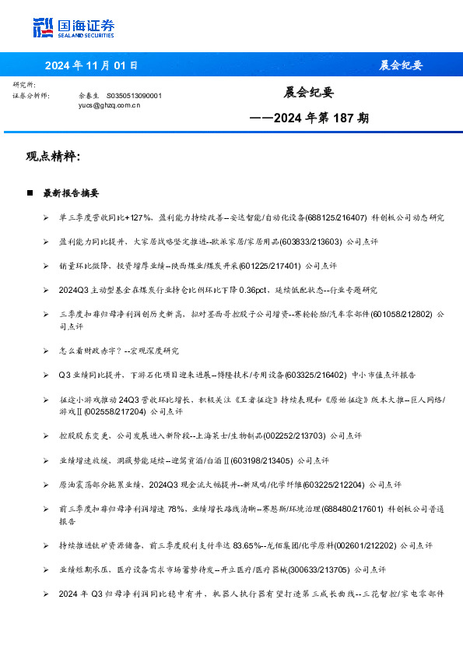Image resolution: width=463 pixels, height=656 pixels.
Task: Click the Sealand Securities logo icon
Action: pos(43,26)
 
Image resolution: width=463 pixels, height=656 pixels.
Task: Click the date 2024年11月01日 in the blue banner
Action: pos(91,65)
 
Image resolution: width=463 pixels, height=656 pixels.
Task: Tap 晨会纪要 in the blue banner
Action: pos(401,65)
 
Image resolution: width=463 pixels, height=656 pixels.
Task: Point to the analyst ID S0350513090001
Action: pos(134,95)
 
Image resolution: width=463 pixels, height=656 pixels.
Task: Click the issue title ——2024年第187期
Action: pos(309,119)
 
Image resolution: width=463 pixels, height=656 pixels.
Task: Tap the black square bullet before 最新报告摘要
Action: pos(30,192)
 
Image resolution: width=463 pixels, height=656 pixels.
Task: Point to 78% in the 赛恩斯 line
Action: pos(195,508)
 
